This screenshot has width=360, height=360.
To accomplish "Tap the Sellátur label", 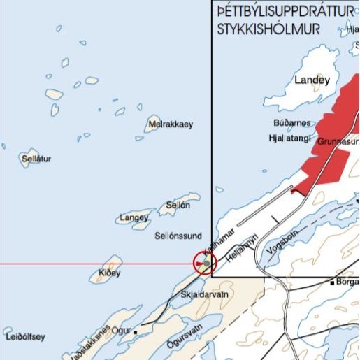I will pyautogui.click(x=37, y=159).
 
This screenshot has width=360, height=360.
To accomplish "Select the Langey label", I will pyautogui.click(x=134, y=218).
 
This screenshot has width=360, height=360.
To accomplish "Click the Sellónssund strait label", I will pyautogui.click(x=178, y=236).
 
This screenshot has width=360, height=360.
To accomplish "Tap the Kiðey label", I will pyautogui.click(x=110, y=271).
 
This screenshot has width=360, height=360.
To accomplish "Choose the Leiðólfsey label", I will pyautogui.click(x=25, y=337).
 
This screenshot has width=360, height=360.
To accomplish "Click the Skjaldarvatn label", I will pyautogui.click(x=204, y=296).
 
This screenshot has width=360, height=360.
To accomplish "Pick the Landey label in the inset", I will pyautogui.click(x=312, y=80).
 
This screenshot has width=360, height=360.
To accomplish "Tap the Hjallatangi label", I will pyautogui.click(x=290, y=138).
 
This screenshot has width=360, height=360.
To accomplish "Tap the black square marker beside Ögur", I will pyautogui.click(x=136, y=327).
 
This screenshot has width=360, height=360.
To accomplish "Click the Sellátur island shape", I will pyautogui.click(x=28, y=158).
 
